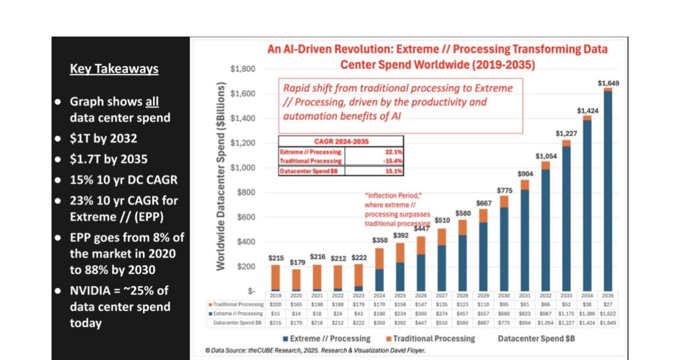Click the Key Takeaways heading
coord(114,69)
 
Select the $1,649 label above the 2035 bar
coord(608,83)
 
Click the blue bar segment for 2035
coord(608,190)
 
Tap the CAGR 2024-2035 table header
coord(341,140)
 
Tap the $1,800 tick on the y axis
coord(242,69)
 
